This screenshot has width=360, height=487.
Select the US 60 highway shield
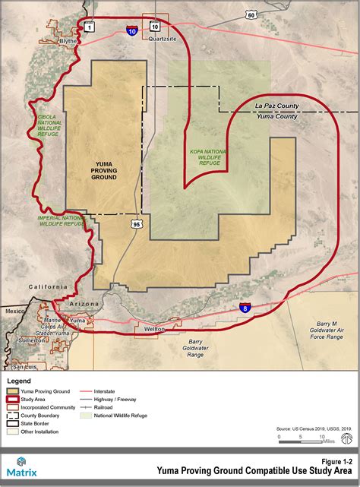click(251, 14)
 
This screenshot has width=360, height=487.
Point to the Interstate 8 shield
click(244, 308)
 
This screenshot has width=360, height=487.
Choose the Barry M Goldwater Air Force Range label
click(327, 330)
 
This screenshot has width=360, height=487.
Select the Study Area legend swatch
click(13, 400)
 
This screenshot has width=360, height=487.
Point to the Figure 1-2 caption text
click(336, 461)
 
